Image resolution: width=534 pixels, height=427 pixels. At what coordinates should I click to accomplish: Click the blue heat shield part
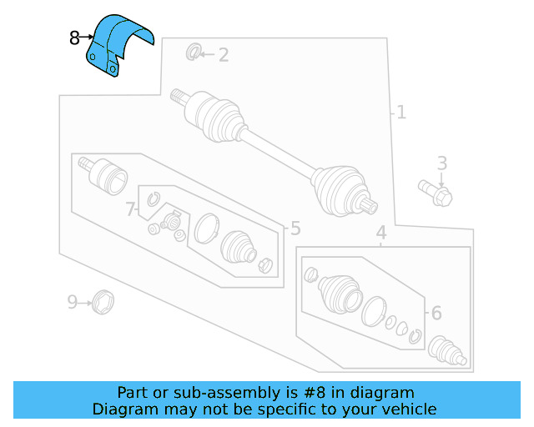pyautogui.click(x=120, y=47)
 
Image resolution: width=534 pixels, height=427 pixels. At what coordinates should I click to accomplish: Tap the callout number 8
pyautogui.click(x=74, y=38)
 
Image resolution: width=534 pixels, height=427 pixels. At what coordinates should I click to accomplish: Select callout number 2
pyautogui.click(x=223, y=55)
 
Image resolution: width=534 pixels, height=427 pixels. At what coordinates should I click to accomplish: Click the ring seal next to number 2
pyautogui.click(x=193, y=53)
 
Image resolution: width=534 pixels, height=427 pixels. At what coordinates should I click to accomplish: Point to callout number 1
pyautogui.click(x=401, y=111)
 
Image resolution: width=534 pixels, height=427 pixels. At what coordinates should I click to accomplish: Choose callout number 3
pyautogui.click(x=442, y=163)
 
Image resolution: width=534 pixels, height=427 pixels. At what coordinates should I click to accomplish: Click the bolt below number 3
pyautogui.click(x=436, y=193)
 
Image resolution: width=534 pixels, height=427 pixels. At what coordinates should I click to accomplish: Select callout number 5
pyautogui.click(x=295, y=229)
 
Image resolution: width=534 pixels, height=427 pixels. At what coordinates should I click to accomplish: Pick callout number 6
pyautogui.click(x=435, y=313)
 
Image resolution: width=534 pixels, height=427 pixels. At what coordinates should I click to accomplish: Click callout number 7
pyautogui.click(x=131, y=209)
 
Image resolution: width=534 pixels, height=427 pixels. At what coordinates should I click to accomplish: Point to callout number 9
pyautogui.click(x=73, y=301)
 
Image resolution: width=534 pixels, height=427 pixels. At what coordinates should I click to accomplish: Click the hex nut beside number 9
pyautogui.click(x=103, y=300)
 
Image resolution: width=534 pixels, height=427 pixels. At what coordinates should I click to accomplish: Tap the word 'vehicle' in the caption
pyautogui.click(x=408, y=409)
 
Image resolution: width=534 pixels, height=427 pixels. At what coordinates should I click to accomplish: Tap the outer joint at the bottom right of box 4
pyautogui.click(x=446, y=349)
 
